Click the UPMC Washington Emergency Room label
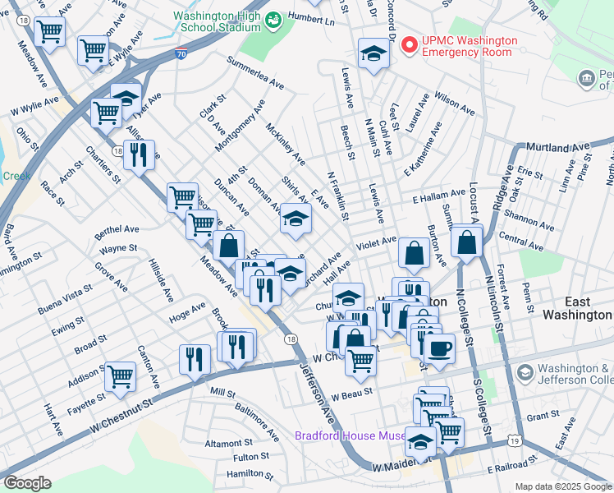pyautogui.click(x=470, y=46)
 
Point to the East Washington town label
pyautogui.click(x=576, y=315)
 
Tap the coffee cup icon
pyautogui.click(x=439, y=347)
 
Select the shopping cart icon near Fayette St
pyautogui.click(x=120, y=376)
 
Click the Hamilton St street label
pyautogui.click(x=250, y=474)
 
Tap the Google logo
pyautogui.click(x=26, y=483)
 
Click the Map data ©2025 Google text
pyautogui.click(x=562, y=486)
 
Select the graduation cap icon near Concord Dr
pyautogui.click(x=373, y=53)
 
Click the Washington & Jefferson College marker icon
pyautogui.click(x=524, y=374)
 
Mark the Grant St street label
pyautogui.click(x=543, y=417)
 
